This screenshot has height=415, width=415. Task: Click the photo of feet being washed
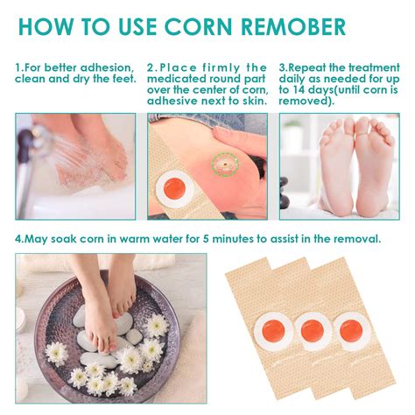coord(75,165)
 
